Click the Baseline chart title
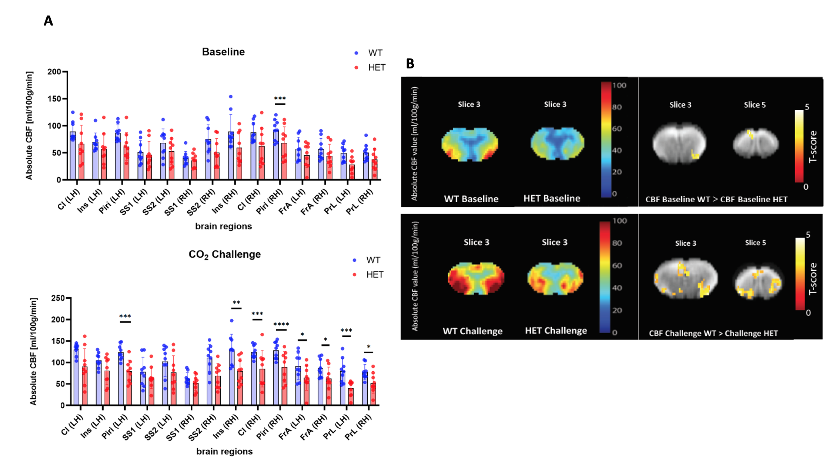tap(223, 52)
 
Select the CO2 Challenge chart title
tap(224, 254)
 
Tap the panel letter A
tap(49, 21)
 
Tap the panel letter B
tap(410, 64)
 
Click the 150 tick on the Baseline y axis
tap(54, 99)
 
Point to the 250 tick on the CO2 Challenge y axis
tap(58, 298)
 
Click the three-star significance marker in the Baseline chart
tap(280, 99)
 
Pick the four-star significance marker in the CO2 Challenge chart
tap(281, 325)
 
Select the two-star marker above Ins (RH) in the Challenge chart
tap(236, 303)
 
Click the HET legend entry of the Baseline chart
tap(376, 68)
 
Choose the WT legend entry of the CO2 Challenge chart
tap(372, 260)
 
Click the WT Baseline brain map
tap(469, 144)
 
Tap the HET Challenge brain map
tap(555, 278)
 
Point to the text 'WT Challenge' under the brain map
tap(472, 331)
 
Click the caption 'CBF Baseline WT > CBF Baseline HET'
tap(716, 199)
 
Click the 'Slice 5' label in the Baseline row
tap(755, 105)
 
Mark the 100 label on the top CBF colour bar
tap(619, 85)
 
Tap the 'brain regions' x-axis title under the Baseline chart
tap(223, 226)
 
